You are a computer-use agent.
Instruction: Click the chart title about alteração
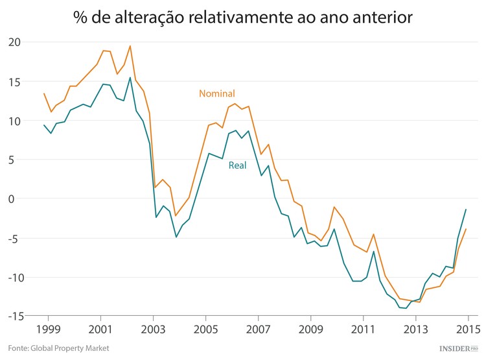point(243,18)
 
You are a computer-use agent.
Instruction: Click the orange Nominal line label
point(216,93)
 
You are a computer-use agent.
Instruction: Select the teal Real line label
point(237,165)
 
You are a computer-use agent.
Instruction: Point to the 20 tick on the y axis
point(14,43)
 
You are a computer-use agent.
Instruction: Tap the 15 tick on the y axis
point(14,82)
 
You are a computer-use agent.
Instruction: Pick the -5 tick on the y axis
point(15,238)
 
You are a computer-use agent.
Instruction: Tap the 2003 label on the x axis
point(153,328)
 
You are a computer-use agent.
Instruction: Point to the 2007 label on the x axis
point(258,328)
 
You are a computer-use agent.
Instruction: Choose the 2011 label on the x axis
point(363,328)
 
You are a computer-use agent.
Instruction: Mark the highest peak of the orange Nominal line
point(130,46)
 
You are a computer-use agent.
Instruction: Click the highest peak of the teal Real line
point(130,78)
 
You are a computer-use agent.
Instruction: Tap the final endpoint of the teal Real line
point(466,210)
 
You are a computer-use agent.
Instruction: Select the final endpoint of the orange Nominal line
point(466,229)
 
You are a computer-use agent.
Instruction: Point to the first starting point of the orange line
point(44,93)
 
